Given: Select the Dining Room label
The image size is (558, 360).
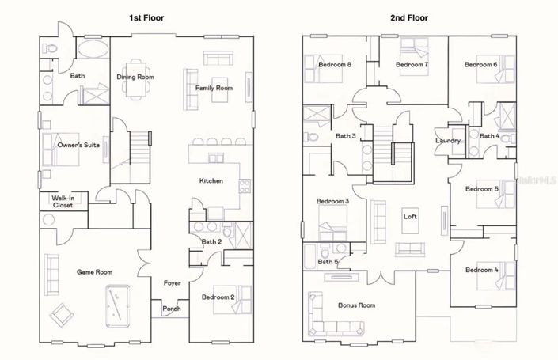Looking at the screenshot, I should [135, 77].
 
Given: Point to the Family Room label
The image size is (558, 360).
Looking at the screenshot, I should [213, 88].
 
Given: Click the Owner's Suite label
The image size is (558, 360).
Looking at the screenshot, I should [78, 145].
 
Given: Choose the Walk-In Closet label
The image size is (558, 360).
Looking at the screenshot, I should [63, 202].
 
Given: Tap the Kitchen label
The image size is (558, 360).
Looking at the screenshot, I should [211, 181].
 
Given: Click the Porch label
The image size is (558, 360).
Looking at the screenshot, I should [171, 309].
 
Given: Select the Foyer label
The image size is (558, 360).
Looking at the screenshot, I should [172, 282].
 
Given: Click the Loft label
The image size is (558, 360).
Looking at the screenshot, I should [410, 216].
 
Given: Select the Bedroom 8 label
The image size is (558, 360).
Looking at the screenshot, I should [335, 64].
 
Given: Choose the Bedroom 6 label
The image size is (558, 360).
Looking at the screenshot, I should [480, 64].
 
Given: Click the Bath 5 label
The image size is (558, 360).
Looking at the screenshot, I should [328, 261].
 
